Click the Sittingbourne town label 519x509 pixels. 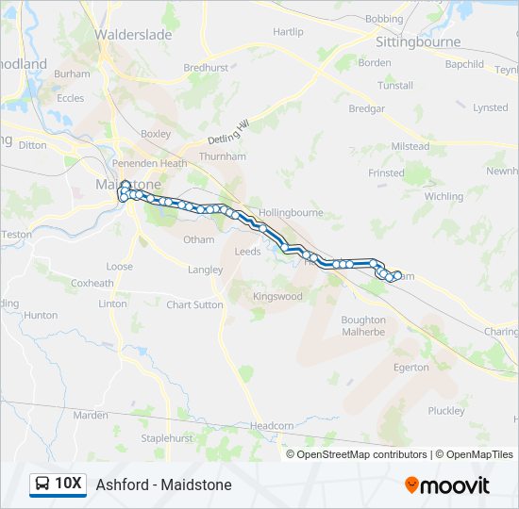(418, 42)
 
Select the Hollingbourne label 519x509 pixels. (291, 213)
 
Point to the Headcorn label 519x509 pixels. (272, 426)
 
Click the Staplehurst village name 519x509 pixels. (167, 438)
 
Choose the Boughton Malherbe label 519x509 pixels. (363, 326)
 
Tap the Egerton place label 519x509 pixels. (410, 367)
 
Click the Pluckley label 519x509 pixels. (446, 411)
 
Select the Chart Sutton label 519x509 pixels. (194, 304)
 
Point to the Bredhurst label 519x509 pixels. (206, 68)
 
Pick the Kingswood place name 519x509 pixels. (277, 296)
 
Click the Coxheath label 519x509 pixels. (92, 283)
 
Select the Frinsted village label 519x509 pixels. (386, 173)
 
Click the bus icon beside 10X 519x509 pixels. (42, 484)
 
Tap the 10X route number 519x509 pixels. (68, 484)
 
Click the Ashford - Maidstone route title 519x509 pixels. (163, 485)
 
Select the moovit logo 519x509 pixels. (447, 485)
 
